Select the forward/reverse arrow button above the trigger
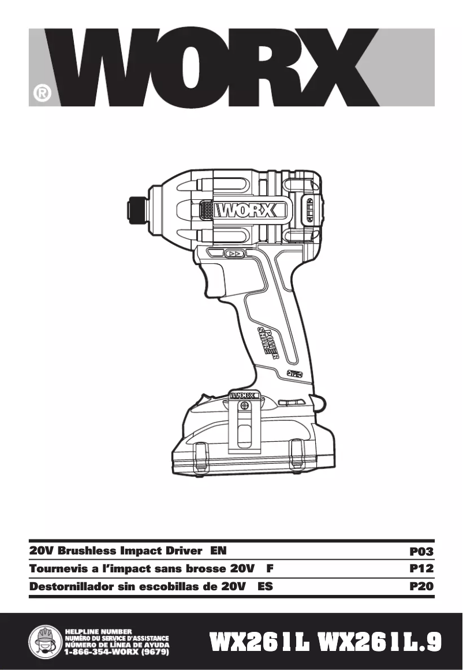point(234,254)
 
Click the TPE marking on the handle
point(295,374)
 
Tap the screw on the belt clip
point(245,406)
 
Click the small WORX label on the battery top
point(245,396)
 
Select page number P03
point(421,552)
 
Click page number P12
point(421,569)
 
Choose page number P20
point(421,587)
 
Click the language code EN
point(219,551)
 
